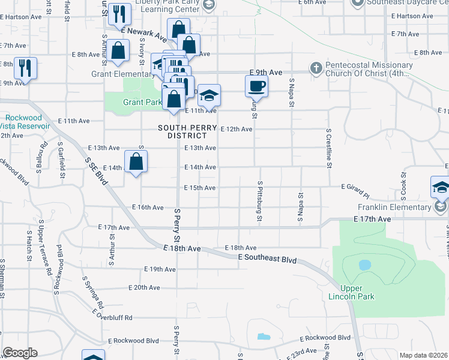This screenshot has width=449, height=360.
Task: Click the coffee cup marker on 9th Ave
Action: pyautogui.click(x=256, y=86)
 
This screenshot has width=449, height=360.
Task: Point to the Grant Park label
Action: pyautogui.click(x=143, y=102)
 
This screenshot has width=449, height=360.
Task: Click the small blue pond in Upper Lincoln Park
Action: pyautogui.click(x=364, y=265)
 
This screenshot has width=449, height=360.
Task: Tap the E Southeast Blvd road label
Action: pyautogui.click(x=267, y=259)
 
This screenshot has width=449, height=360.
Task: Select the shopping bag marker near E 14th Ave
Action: pyautogui.click(x=136, y=161)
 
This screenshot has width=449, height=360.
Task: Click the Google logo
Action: pyautogui.click(x=20, y=353)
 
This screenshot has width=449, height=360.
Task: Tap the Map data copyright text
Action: pyautogui.click(x=423, y=355)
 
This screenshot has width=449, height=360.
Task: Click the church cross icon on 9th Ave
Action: pyautogui.click(x=316, y=68)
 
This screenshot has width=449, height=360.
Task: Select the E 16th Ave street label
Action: pyautogui.click(x=148, y=207)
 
